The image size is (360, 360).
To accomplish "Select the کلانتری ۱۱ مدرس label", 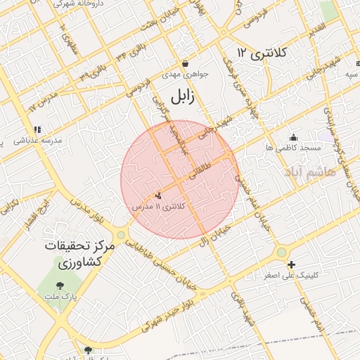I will (x=162, y=207).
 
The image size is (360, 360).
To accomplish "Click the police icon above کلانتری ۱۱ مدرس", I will (x=158, y=195).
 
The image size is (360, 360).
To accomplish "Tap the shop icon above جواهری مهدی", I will (x=184, y=63).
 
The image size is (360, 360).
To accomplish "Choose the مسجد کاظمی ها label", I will (x=293, y=148).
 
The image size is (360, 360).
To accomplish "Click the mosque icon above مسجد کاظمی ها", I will (x=293, y=136).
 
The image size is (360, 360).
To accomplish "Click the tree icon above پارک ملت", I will (x=59, y=285).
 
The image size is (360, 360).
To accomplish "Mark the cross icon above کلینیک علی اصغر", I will (x=292, y=264).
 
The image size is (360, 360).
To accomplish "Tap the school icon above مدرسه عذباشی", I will (x=37, y=129).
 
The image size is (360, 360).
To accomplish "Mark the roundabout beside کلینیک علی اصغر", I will (x=281, y=252).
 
